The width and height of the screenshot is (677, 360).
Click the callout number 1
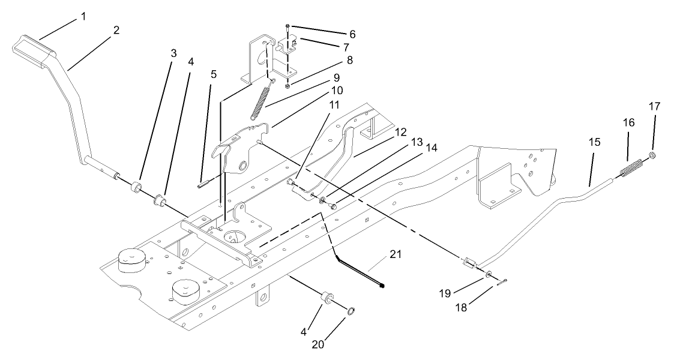pyautogui.click(x=83, y=16)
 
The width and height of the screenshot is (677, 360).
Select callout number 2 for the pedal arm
pyautogui.click(x=116, y=29)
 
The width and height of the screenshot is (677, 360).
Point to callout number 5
pyautogui.click(x=213, y=74)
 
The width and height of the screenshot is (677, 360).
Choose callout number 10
pyautogui.click(x=337, y=90)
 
